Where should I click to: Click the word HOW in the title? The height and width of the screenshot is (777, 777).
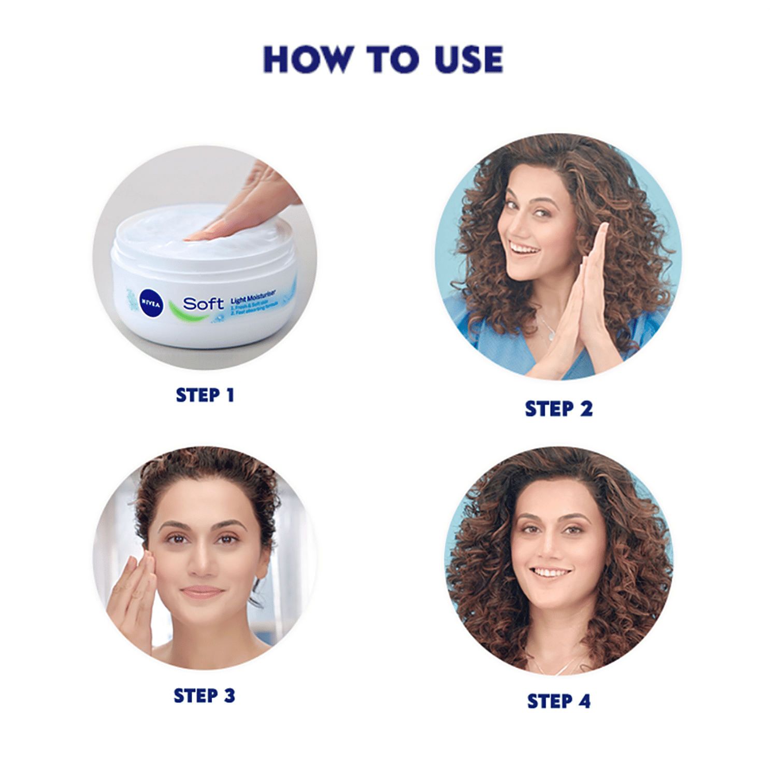coord(307,59)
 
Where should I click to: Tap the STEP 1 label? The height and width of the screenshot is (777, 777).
coord(205,395)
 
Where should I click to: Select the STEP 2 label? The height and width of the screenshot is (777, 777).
coord(558,409)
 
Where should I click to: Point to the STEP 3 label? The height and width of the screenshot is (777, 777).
coord(204,696)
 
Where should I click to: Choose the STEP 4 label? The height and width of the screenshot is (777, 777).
coord(558,701)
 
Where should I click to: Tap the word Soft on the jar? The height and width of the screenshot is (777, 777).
coord(203,304)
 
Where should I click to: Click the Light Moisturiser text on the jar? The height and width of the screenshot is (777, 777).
coord(253,299)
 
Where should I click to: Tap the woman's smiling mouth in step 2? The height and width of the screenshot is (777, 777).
coord(523,250)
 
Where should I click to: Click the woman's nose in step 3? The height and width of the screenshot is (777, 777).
coord(201,565)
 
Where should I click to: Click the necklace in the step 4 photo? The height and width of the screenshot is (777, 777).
coord(557,668)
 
